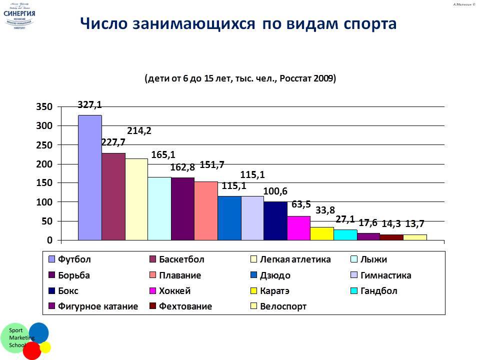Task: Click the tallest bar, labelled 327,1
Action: [89, 177]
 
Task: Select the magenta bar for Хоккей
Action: [298, 228]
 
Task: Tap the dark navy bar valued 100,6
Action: [275, 221]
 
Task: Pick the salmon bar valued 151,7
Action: [205, 210]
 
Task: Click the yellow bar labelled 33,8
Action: [322, 233]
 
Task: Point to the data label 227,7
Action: [113, 142]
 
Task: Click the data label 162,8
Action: [182, 167]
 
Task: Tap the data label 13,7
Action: [415, 223]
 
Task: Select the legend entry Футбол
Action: [74, 260]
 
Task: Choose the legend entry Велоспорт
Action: [283, 306]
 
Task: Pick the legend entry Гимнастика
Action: [385, 275]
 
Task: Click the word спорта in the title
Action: [361, 24]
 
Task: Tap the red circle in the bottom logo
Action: [31, 350]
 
